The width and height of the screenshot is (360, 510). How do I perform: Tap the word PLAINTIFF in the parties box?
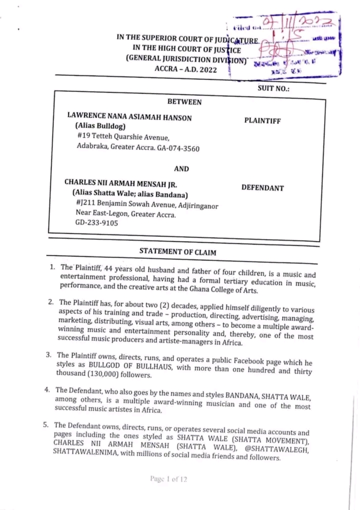point(262,121)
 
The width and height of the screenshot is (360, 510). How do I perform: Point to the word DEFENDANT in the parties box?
point(262,188)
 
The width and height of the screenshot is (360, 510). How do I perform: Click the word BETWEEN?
point(184,102)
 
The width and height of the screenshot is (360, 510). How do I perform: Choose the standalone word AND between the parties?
point(181,169)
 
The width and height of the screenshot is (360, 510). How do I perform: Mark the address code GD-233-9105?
point(97,224)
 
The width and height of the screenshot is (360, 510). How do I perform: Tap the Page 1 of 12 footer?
point(168,479)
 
